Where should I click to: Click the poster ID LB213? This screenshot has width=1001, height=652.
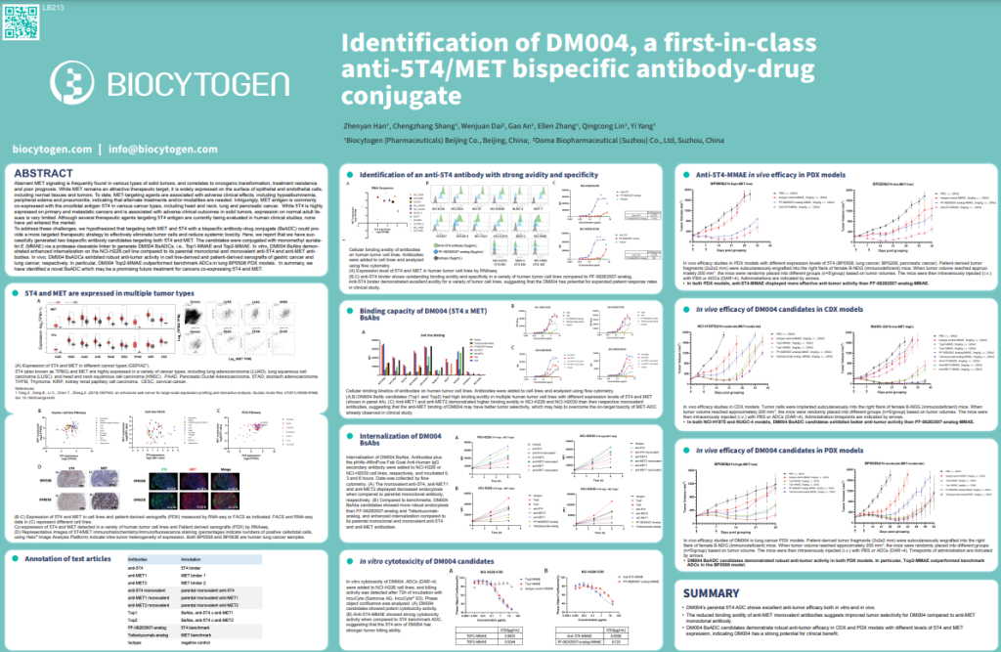[22, 8]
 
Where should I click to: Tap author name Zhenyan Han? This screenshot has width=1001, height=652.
[364, 127]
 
